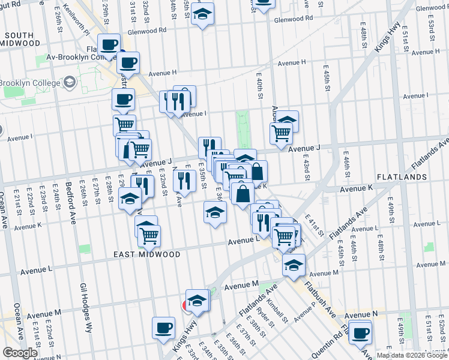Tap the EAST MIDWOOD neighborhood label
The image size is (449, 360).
coord(147,254)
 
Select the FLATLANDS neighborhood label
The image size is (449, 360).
coord(402,177)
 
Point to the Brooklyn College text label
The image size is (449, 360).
coord(29,82)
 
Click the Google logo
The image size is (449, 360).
coord(20,353)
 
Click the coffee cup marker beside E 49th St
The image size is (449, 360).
coord(360,333)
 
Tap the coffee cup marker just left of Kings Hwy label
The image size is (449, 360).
coord(163,328)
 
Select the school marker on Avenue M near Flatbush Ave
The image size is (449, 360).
coord(294,265)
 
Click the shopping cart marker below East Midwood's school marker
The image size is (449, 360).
coord(149,235)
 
